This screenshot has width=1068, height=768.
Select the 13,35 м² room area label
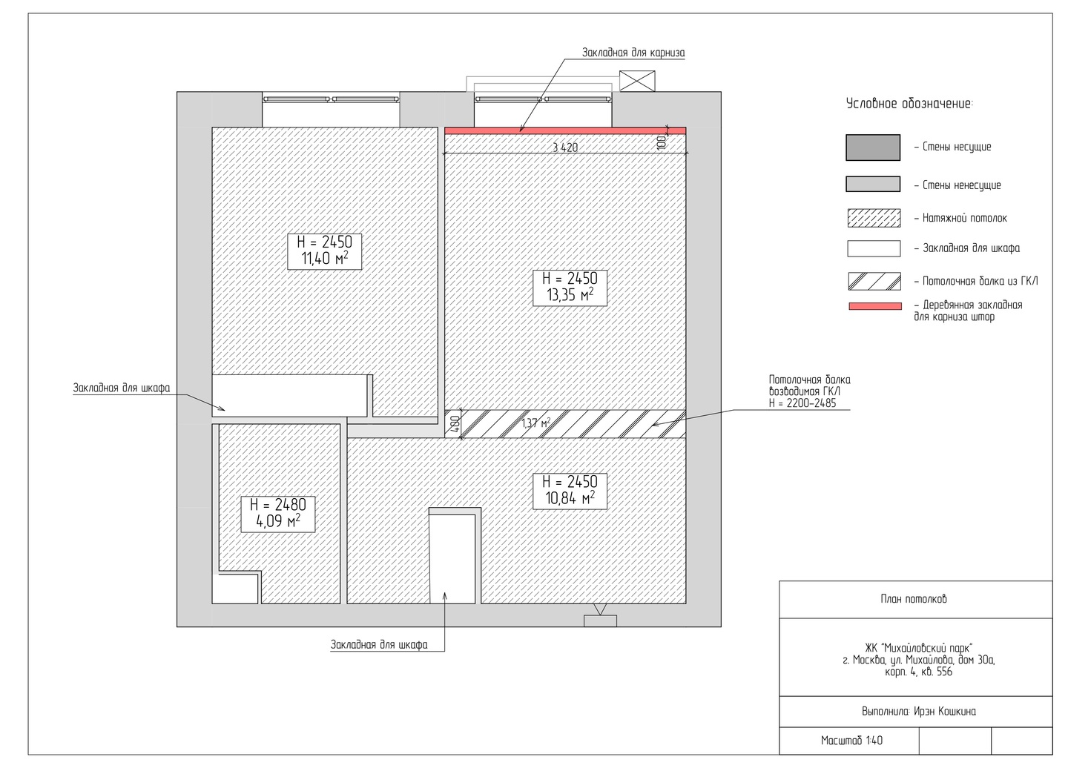pyautogui.click(x=570, y=295)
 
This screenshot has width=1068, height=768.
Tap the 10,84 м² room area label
pyautogui.click(x=570, y=499)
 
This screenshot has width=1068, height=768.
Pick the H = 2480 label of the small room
pyautogui.click(x=278, y=505)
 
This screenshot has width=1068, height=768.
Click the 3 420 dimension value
pyautogui.click(x=565, y=148)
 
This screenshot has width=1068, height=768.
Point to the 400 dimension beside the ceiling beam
pyautogui.click(x=455, y=423)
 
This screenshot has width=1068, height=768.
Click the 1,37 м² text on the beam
pyautogui.click(x=536, y=423)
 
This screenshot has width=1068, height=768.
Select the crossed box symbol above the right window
pyautogui.click(x=637, y=81)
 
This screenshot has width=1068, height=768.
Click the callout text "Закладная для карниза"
pyautogui.click(x=633, y=53)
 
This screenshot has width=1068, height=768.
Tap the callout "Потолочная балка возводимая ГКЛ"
pyautogui.click(x=810, y=386)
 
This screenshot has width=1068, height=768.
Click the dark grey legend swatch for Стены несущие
pyautogui.click(x=873, y=148)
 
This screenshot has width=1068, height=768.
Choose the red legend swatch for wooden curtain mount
pyautogui.click(x=875, y=306)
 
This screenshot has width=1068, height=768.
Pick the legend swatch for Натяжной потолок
pyautogui.click(x=874, y=218)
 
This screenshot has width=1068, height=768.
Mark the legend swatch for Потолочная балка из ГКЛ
pyautogui.click(x=874, y=281)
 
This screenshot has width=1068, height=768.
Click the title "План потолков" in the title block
pyautogui.click(x=914, y=599)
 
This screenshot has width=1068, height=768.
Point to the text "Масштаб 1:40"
pyautogui.click(x=851, y=741)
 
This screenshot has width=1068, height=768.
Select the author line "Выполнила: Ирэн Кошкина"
pyautogui.click(x=919, y=712)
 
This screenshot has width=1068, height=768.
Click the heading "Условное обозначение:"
pyautogui.click(x=909, y=104)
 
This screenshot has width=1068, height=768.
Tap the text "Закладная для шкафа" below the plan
pyautogui.click(x=379, y=645)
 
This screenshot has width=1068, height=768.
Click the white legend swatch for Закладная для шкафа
pyautogui.click(x=874, y=248)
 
